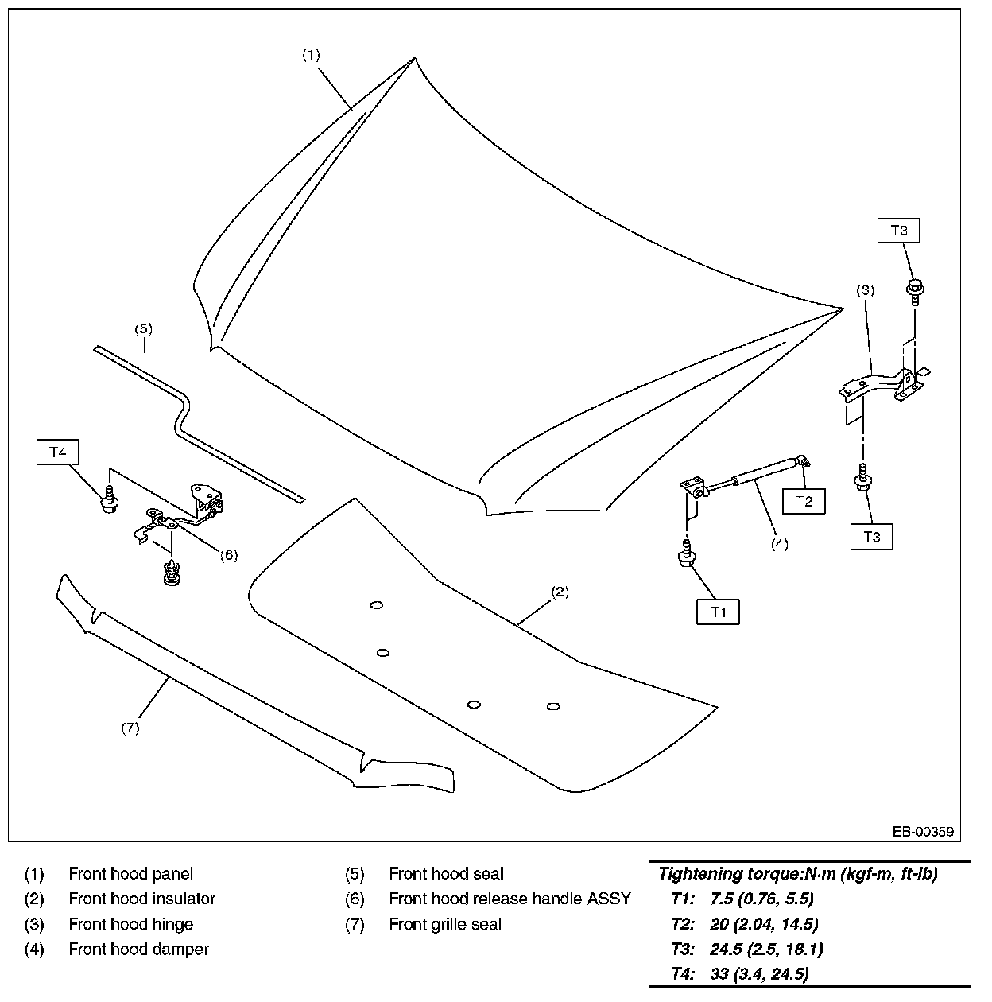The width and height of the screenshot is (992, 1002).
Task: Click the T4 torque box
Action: [58, 452]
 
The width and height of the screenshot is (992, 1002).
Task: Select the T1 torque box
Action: [719, 612]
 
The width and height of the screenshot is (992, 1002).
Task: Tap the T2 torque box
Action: [804, 501]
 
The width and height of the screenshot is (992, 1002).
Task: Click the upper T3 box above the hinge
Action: [899, 231]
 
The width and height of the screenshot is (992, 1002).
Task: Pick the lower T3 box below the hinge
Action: [871, 537]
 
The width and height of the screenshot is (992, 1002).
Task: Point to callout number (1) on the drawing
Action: [311, 55]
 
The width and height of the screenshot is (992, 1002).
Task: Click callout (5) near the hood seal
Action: [143, 328]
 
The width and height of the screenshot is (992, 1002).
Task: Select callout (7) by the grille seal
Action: [130, 728]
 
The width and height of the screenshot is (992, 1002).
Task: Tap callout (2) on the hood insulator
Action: [560, 592]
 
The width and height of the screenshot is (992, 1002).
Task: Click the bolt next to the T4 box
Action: [110, 500]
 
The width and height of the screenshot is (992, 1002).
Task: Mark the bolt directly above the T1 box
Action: [684, 553]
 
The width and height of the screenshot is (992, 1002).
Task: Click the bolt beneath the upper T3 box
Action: [915, 291]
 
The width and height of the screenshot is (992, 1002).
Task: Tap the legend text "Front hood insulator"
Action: [141, 899]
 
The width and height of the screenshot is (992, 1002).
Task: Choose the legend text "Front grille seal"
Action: [445, 924]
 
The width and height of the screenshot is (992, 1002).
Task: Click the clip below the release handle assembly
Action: [169, 573]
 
